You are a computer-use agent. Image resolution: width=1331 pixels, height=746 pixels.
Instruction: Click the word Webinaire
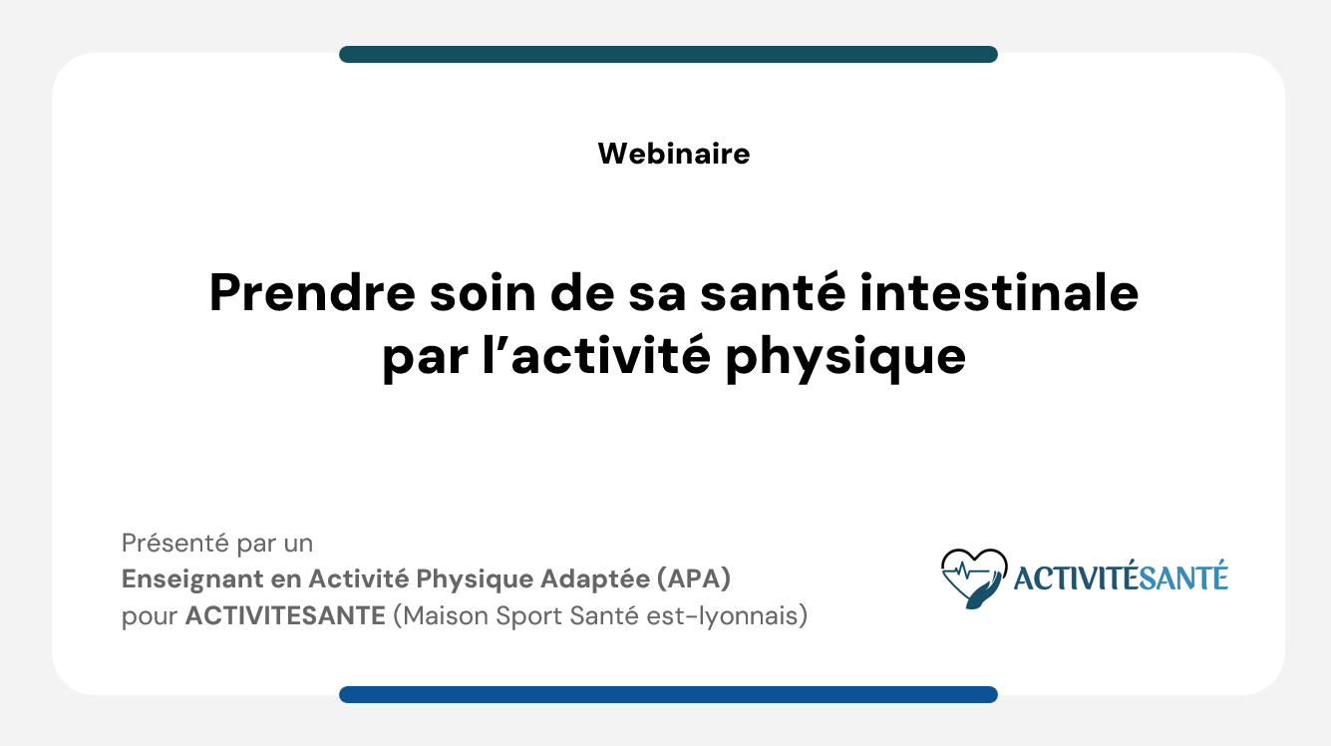click(674, 154)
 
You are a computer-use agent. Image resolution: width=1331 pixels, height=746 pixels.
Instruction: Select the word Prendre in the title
click(312, 292)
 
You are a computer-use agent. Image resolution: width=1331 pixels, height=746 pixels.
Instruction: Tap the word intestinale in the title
click(999, 292)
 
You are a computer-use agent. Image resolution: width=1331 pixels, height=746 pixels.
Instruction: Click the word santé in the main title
click(773, 292)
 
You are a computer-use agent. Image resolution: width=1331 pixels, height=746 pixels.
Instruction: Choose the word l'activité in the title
click(596, 355)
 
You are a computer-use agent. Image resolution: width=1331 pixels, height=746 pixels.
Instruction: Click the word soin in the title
click(483, 292)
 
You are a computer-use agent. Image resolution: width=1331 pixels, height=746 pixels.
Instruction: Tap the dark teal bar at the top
click(668, 54)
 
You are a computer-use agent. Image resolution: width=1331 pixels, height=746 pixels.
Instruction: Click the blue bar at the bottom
click(668, 694)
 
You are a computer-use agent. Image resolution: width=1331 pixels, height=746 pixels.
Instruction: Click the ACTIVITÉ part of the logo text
click(1076, 577)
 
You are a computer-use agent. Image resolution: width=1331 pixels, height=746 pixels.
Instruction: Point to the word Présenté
click(175, 543)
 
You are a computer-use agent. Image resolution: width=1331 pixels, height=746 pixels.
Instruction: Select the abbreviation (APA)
click(694, 579)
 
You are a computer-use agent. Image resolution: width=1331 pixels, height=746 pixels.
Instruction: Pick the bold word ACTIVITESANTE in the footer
click(285, 615)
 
